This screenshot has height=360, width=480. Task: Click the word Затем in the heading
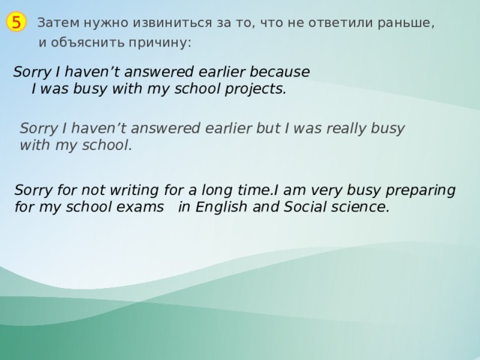coord(55,22)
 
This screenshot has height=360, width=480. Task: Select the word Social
coord(305,207)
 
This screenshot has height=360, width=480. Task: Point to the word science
coord(363,207)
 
